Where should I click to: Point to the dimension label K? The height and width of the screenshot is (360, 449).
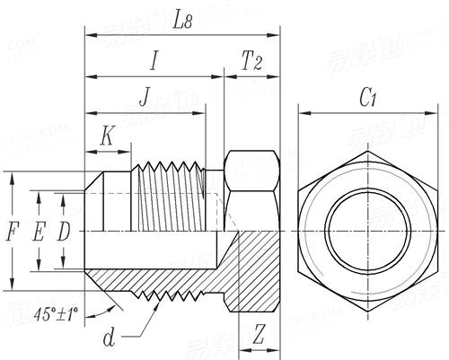click(108, 136)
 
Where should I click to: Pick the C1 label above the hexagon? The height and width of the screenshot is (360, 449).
click(367, 98)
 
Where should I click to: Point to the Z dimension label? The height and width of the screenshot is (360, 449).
click(259, 335)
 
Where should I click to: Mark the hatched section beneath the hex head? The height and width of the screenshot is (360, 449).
click(256, 269)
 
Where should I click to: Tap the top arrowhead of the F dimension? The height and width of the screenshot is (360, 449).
click(12, 176)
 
